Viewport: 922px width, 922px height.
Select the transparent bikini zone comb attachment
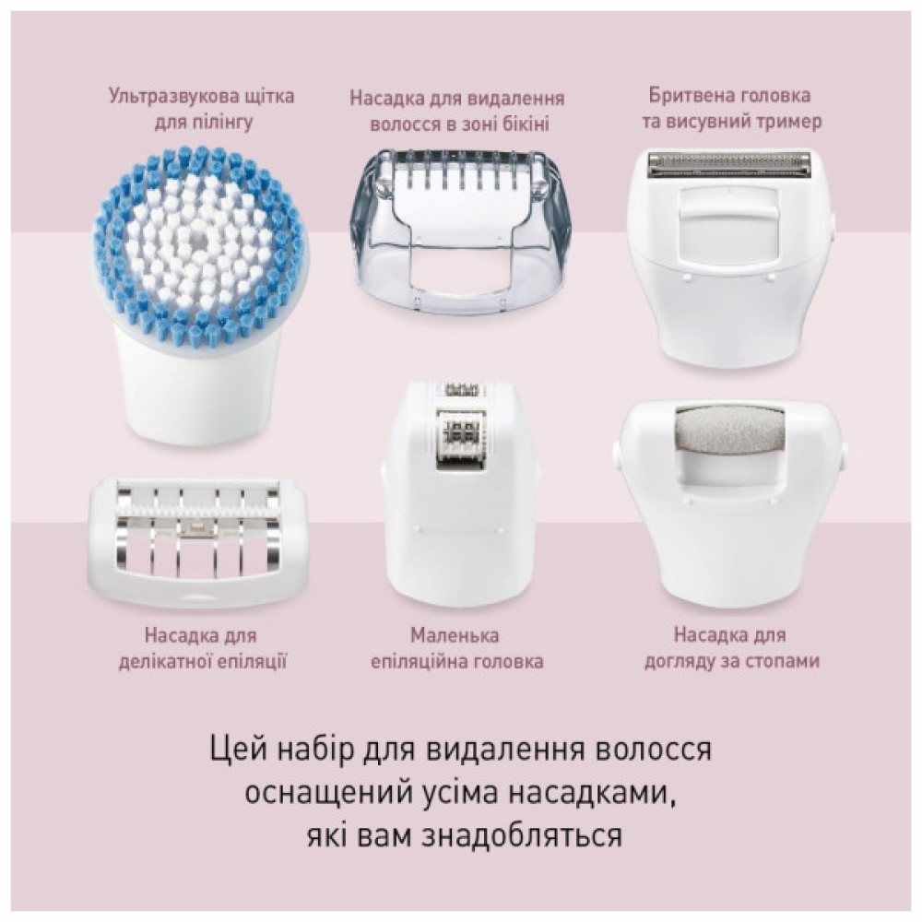[460, 230]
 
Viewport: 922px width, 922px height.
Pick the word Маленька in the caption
[456, 635]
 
